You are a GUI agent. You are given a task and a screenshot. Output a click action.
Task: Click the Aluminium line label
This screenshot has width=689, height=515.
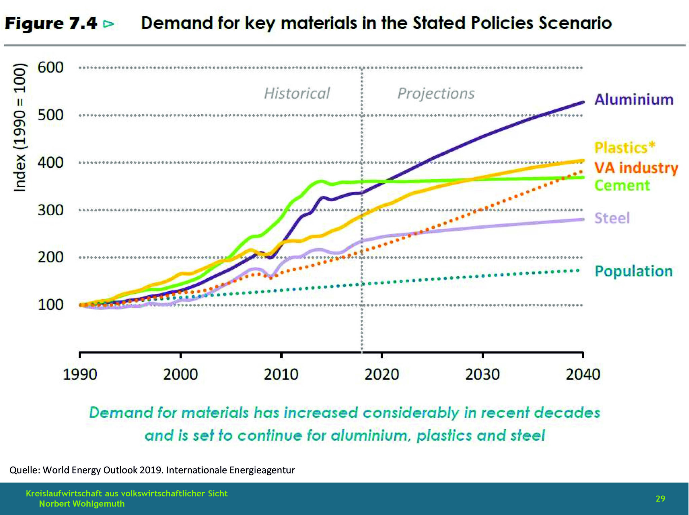(x=634, y=99)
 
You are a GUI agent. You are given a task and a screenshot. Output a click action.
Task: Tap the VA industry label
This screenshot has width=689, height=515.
(x=636, y=168)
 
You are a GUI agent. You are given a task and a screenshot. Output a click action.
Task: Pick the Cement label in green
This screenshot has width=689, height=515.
(x=622, y=185)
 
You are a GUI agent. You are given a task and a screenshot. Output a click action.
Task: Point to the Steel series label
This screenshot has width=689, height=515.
(x=612, y=218)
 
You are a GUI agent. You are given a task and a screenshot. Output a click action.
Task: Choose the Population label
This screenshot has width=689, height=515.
(x=634, y=271)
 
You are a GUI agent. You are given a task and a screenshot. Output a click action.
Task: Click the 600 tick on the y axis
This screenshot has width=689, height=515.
(x=50, y=68)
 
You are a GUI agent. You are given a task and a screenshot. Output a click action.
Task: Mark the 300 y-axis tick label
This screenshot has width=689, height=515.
(x=50, y=210)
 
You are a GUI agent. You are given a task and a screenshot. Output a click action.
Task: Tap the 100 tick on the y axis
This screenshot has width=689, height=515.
(x=50, y=305)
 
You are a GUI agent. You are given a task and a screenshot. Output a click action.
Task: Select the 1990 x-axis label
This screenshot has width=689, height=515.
(x=80, y=374)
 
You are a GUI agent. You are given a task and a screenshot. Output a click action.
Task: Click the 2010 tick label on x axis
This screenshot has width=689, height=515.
(x=281, y=374)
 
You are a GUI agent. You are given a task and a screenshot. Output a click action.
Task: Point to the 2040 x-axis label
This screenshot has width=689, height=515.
(x=583, y=374)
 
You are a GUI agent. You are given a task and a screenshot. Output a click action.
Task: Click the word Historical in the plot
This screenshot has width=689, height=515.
(x=297, y=93)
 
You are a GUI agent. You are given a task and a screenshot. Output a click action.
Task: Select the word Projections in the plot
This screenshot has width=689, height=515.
(x=436, y=93)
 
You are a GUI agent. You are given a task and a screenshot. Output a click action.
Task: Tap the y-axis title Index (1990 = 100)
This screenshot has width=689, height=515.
(x=20, y=128)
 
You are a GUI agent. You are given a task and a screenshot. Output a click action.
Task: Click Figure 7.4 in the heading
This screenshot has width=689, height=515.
(x=51, y=23)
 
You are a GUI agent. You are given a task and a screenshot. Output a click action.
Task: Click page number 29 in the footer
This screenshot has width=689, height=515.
(x=660, y=499)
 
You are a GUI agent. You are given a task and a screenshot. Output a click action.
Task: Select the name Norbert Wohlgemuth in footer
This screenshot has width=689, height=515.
(x=82, y=504)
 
